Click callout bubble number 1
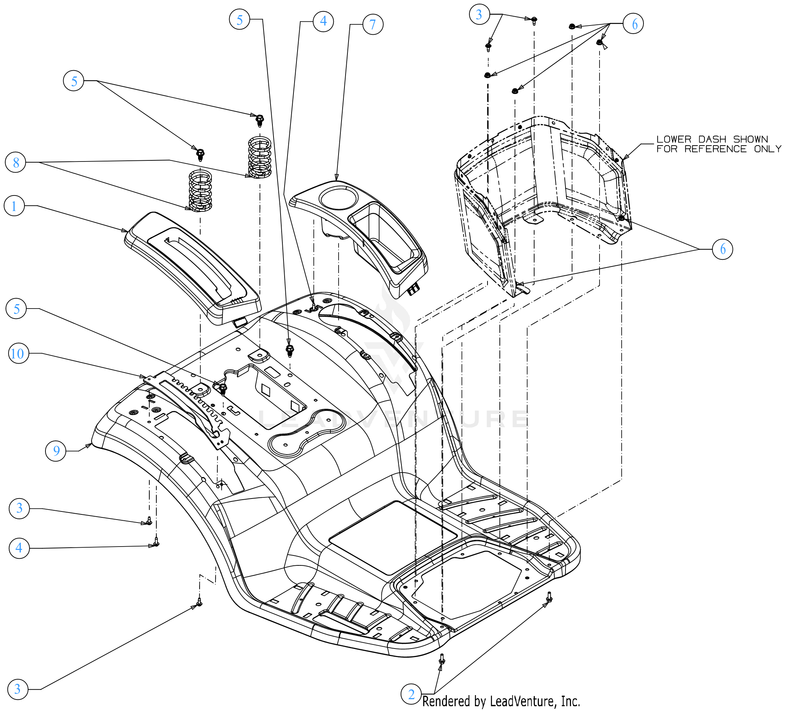point(14,206)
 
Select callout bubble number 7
point(372,24)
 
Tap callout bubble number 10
point(18,354)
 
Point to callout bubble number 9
point(56,451)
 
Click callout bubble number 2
point(411,694)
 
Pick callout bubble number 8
point(15,163)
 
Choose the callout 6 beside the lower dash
point(722,249)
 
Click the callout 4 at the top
point(323,21)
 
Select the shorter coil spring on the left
point(200,191)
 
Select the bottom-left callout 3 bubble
point(17,689)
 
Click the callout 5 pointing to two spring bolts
point(74,81)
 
